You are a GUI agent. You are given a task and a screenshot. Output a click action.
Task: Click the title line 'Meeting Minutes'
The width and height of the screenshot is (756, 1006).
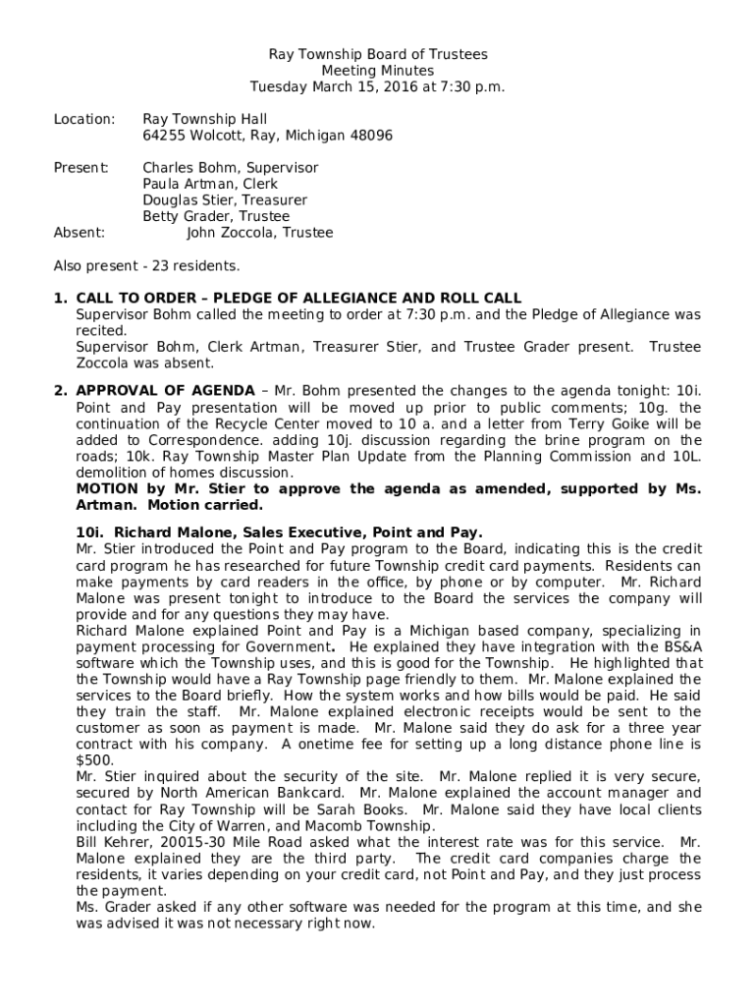pos(378,71)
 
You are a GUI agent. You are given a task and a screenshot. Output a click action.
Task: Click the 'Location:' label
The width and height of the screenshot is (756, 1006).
pos(84,119)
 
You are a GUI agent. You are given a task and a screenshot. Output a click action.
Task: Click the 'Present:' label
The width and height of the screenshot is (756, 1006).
pos(81,168)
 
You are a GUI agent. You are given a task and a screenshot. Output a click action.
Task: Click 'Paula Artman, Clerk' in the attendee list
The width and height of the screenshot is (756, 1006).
pos(210,184)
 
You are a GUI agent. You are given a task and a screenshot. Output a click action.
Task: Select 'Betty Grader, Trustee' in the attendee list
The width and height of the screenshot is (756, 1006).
pos(216,216)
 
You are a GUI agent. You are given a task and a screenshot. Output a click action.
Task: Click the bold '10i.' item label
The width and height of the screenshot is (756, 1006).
pos(91,532)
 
